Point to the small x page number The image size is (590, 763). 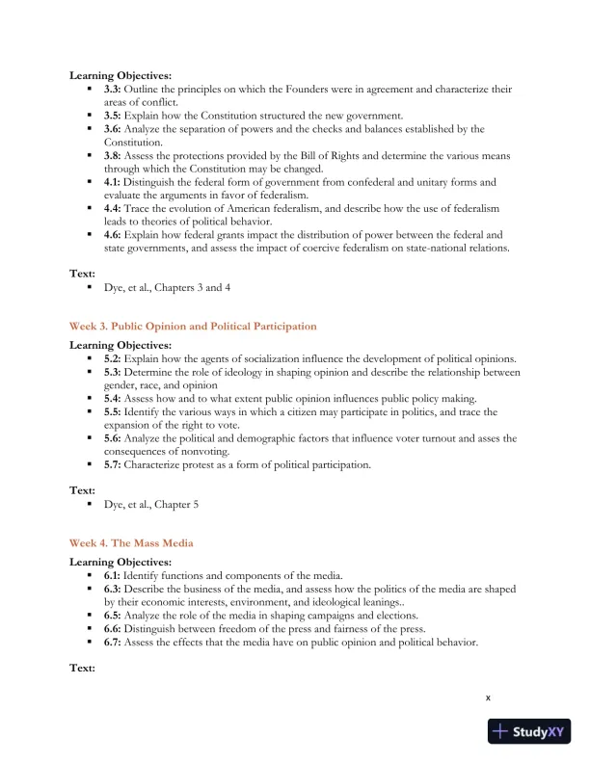(x=488, y=697)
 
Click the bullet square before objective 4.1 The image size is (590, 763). (x=89, y=182)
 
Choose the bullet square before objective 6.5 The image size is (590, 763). (x=89, y=615)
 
